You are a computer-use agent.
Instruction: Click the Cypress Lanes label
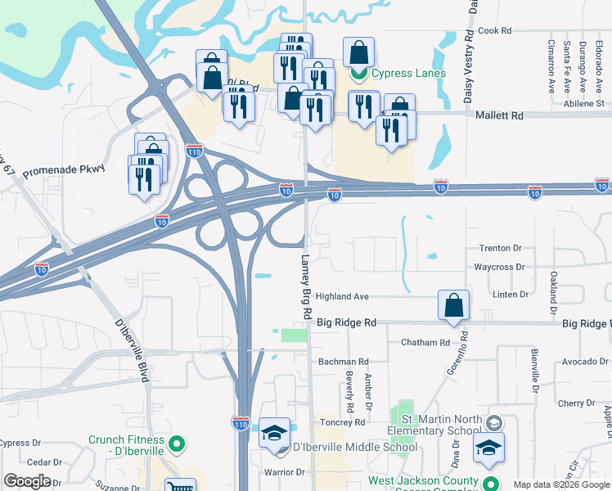[x=408, y=73]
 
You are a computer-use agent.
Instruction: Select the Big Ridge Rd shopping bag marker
[x=454, y=306]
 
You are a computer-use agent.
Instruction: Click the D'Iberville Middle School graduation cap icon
[x=276, y=433]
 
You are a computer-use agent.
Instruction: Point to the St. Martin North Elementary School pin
[x=493, y=423]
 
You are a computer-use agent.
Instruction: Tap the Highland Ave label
[x=343, y=296]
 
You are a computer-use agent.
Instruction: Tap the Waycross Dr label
[x=498, y=267]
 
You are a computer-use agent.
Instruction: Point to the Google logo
[x=27, y=481]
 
